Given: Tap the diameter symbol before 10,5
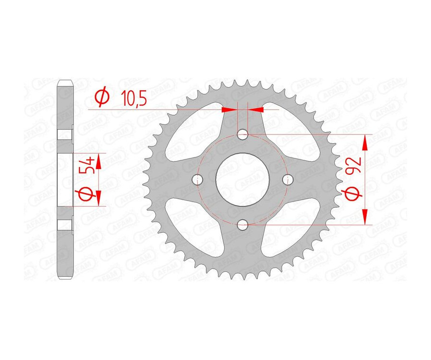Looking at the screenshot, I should coord(102,98).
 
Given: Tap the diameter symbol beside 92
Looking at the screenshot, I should coord(353,194).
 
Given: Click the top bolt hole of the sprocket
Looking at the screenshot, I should coord(243,134).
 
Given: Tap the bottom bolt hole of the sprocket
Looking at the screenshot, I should coord(243,224).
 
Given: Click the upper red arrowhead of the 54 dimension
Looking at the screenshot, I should coord(99,161).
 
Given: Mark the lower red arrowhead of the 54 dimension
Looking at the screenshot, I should coord(99,197).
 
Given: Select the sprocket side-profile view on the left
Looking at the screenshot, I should coord(65,180).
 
